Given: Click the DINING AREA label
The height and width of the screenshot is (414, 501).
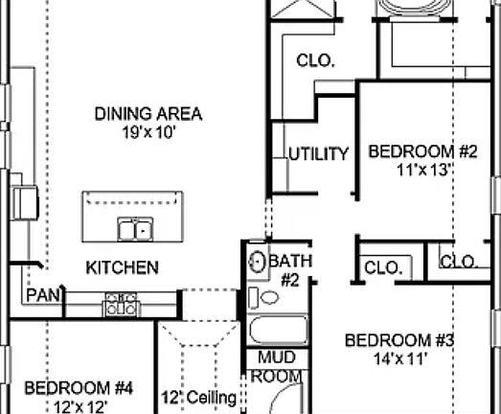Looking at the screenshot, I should (x=148, y=114).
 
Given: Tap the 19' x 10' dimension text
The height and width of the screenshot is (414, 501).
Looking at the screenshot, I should (x=148, y=132).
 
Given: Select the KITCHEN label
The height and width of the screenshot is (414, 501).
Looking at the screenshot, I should (x=123, y=267).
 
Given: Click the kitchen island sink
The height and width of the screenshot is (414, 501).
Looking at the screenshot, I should (x=135, y=229).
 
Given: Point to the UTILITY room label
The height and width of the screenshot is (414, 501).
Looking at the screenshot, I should (x=319, y=154).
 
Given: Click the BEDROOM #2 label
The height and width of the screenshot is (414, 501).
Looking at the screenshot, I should (x=422, y=151).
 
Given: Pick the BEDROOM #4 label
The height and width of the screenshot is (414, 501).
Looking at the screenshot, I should (x=78, y=388).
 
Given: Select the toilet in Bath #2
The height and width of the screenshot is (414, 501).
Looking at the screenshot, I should (x=269, y=296).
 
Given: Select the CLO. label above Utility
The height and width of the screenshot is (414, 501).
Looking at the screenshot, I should (x=315, y=61).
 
